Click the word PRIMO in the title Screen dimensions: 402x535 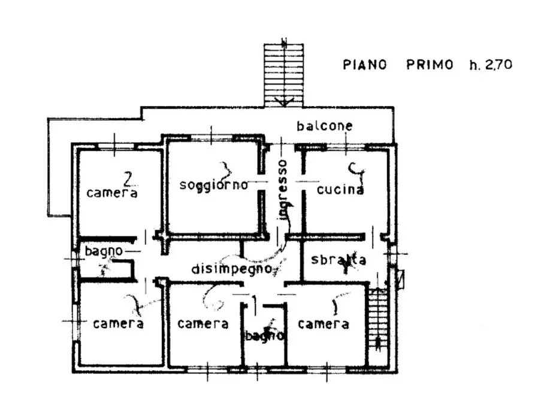tap(430, 65)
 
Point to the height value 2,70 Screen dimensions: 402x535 tap(498, 65)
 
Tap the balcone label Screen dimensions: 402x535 tap(325, 127)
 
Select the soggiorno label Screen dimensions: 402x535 tap(214, 185)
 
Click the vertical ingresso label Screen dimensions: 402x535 tap(283, 190)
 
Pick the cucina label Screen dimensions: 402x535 tap(340, 190)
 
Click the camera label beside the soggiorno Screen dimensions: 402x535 tap(112, 193)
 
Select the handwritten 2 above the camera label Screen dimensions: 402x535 tap(127, 178)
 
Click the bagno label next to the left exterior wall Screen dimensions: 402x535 tap(104, 250)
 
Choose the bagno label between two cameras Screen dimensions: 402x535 tap(264, 336)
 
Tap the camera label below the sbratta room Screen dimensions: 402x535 tap(324, 325)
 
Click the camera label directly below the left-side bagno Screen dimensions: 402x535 tap(118, 324)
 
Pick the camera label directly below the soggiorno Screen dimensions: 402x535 tap(203, 324)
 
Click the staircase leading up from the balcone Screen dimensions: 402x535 tap(285, 72)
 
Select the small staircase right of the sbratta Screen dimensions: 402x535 tap(377, 318)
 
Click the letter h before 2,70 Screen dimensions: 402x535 tap(473, 65)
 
